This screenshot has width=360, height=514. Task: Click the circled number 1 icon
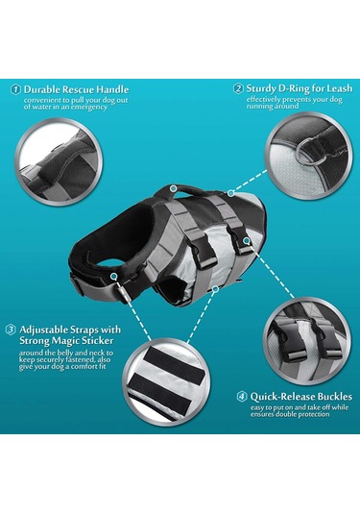pyautogui.click(x=15, y=89)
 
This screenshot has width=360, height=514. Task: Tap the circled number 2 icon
pyautogui.click(x=238, y=88)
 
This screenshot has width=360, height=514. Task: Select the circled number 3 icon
pyautogui.click(x=11, y=330)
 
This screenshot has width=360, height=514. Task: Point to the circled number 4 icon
pyautogui.click(x=242, y=397)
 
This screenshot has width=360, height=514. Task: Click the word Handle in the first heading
pyautogui.click(x=112, y=89)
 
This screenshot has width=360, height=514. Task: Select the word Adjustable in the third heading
pyautogui.click(x=44, y=330)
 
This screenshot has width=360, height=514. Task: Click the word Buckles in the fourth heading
pyautogui.click(x=334, y=397)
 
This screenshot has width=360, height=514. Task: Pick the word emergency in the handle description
pyautogui.click(x=89, y=108)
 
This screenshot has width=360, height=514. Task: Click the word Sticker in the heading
pyautogui.click(x=98, y=341)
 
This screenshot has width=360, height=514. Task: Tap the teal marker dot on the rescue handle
pyautogui.click(x=174, y=188)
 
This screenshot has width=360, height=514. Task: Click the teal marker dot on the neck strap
pyautogui.click(x=113, y=277)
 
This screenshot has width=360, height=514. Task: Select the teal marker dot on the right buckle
pyautogui.click(x=247, y=241)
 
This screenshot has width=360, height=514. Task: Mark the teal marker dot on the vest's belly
pyautogui.click(x=215, y=289)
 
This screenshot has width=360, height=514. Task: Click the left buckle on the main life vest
pyautogui.click(x=204, y=254)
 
